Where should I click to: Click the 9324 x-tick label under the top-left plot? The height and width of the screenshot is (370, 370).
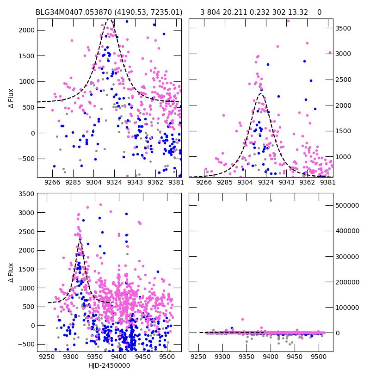click(114, 182)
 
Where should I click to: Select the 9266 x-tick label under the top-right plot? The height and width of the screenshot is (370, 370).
click(204, 182)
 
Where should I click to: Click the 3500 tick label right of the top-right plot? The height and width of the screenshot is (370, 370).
click(343, 28)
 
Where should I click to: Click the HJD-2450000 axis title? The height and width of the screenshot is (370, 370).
click(109, 365)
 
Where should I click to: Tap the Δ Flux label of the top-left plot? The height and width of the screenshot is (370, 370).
click(11, 99)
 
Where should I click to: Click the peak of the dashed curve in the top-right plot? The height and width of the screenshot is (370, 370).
click(261, 94)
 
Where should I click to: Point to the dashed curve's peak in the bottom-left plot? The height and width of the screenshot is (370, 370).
click(80, 242)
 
